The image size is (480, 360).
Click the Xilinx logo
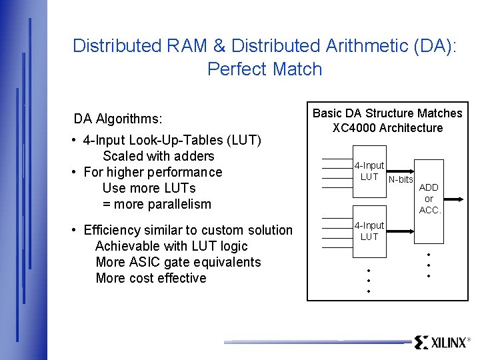pos(441,343)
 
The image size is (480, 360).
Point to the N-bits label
pos(401,179)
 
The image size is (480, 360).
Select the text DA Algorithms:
pos(118,119)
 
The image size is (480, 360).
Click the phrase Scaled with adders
pos(158,156)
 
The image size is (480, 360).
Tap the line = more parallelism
pos(157,204)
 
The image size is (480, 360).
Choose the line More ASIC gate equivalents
pos(178,262)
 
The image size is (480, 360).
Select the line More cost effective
pos(151,278)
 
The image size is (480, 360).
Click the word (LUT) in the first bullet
pos(244,140)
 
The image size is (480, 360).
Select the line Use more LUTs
pos(149,188)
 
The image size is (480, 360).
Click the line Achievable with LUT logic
pos(171,246)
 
